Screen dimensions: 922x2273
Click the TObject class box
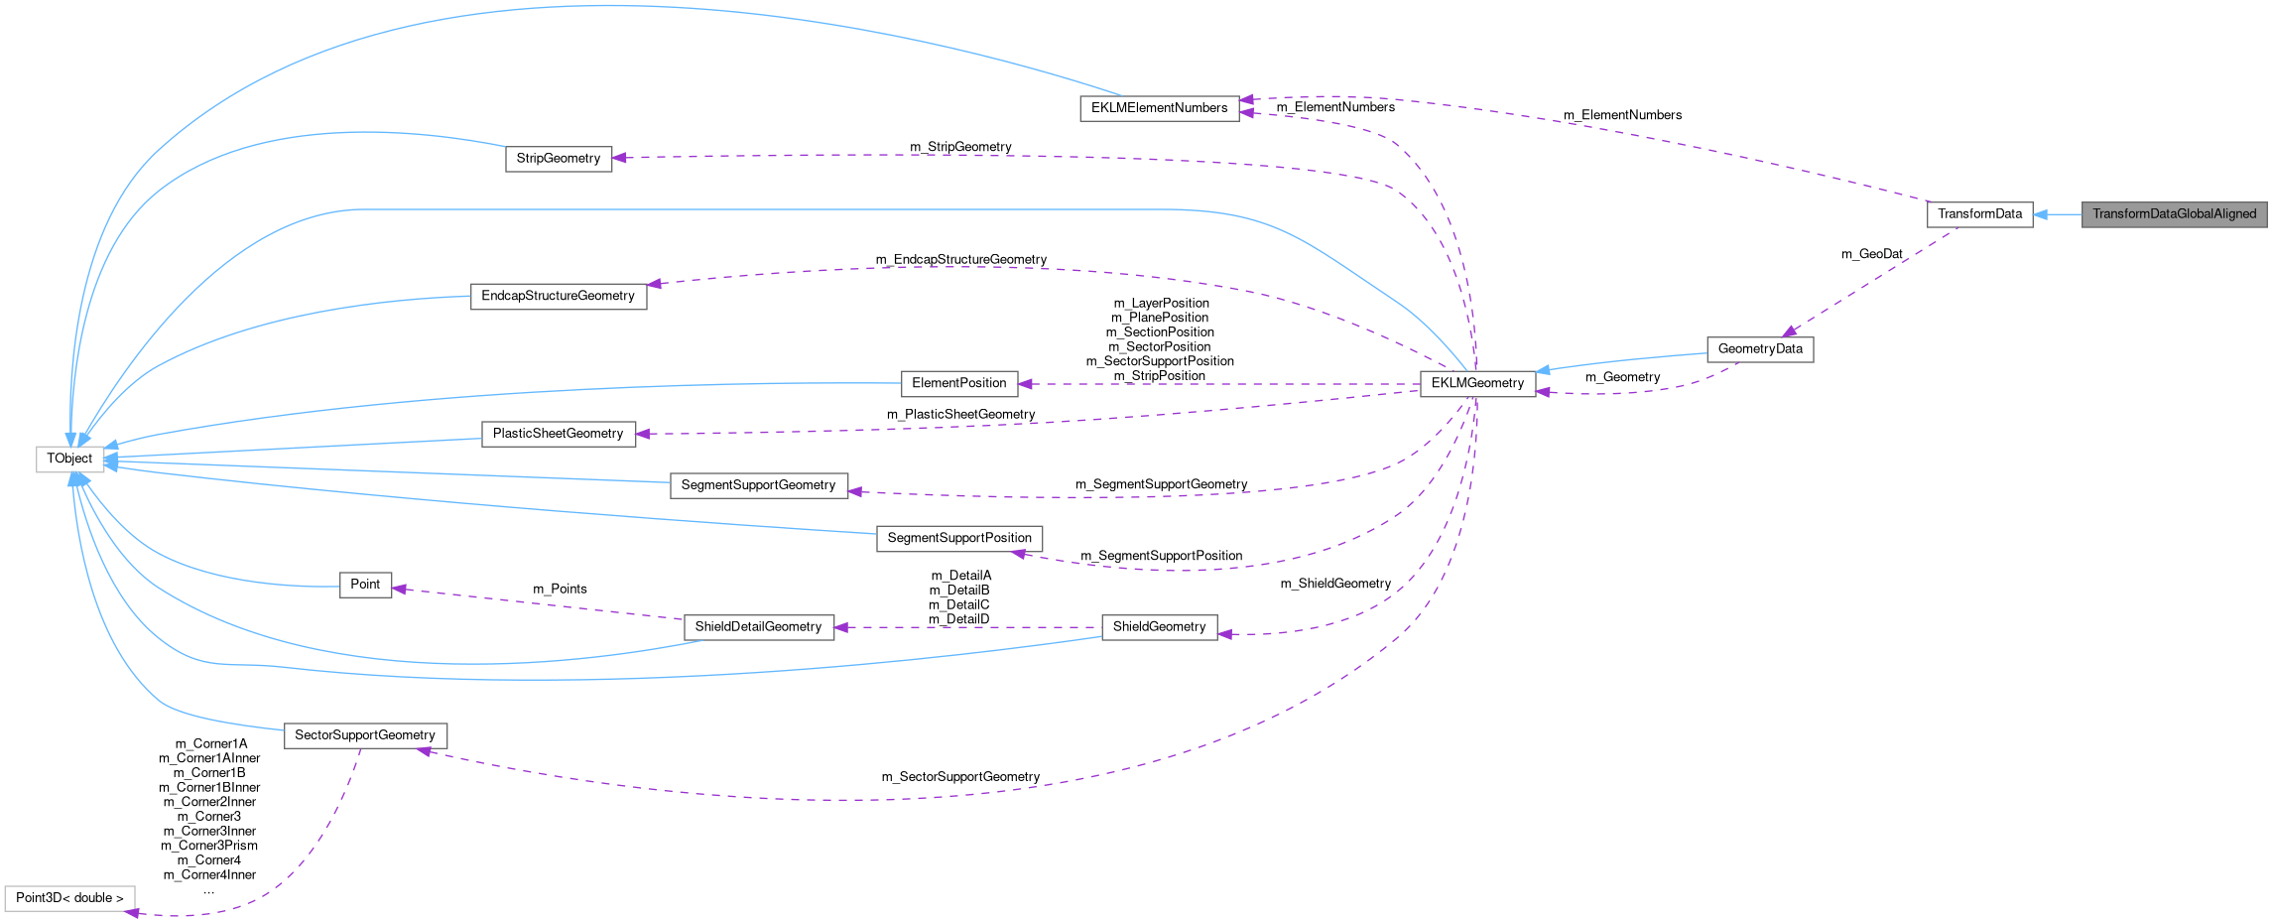69,460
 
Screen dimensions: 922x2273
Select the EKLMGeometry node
1477,384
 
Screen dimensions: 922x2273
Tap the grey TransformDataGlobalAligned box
2174,214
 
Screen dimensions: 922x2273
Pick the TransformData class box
1979,214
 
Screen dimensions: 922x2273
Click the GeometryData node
1760,349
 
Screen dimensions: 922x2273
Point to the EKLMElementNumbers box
1159,108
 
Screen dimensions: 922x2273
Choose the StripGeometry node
559,159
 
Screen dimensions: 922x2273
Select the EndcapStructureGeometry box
558,296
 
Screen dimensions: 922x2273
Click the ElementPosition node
958,383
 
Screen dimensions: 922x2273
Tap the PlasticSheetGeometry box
558,434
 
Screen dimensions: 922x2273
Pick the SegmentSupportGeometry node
758,485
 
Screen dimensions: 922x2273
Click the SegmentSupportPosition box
958,538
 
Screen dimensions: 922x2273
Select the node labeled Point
365,585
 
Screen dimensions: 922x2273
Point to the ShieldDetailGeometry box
758,627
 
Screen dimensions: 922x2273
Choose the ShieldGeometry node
1159,627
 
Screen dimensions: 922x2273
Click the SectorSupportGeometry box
365,735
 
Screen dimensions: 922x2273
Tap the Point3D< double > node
69,898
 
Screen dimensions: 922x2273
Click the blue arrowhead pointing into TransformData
2041,214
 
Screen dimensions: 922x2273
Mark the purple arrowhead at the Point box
399,590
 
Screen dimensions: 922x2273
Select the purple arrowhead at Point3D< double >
131,912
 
